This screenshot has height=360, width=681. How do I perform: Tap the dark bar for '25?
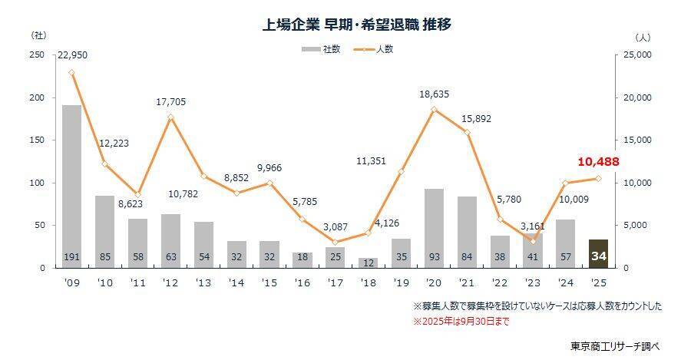[x=598, y=253]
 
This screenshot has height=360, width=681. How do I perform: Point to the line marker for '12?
[x=170, y=117]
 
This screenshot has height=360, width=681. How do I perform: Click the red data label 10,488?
[x=597, y=162]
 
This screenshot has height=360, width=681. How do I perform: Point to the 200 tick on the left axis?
[x=36, y=97]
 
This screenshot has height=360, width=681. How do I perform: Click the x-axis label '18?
[x=368, y=282]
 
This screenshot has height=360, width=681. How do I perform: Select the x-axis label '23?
[x=532, y=282]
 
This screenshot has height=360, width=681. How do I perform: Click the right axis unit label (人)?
[x=643, y=36]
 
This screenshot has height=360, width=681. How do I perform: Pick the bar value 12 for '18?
[x=368, y=263]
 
